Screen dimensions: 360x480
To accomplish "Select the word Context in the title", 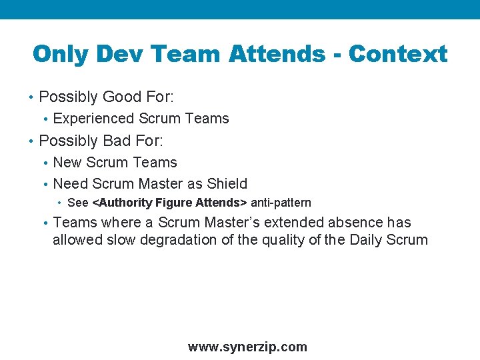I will tap(398, 54).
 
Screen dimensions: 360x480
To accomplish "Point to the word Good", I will tap(120, 97).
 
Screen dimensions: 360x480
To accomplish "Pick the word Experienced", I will tap(93, 119).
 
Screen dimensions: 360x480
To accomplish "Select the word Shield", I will tap(227, 184).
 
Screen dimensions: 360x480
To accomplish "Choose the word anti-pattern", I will tap(281, 203).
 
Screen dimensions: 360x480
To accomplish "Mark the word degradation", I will tap(180, 240).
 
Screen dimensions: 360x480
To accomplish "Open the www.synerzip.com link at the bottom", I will tap(247, 347).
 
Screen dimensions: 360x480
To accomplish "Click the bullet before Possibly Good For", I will tap(31, 98).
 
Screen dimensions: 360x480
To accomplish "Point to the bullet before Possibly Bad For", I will tap(31, 142).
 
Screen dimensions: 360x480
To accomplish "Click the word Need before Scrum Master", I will tap(70, 184).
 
